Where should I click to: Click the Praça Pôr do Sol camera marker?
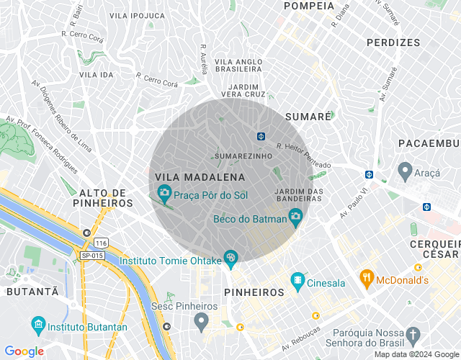(x=164, y=192)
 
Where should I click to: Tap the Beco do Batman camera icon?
(x=295, y=217)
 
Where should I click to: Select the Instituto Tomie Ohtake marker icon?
(x=230, y=256)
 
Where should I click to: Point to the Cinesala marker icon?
(x=297, y=279)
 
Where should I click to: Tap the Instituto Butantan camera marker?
(x=37, y=324)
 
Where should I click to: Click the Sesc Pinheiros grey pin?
(x=202, y=319)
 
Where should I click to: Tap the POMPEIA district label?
(x=309, y=6)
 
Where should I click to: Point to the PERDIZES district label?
(x=393, y=42)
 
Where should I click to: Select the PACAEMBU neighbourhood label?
(x=429, y=144)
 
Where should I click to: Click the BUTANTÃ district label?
(x=32, y=292)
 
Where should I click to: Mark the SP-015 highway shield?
(x=91, y=255)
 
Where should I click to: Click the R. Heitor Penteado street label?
(x=303, y=156)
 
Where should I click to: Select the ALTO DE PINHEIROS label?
(x=103, y=198)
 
